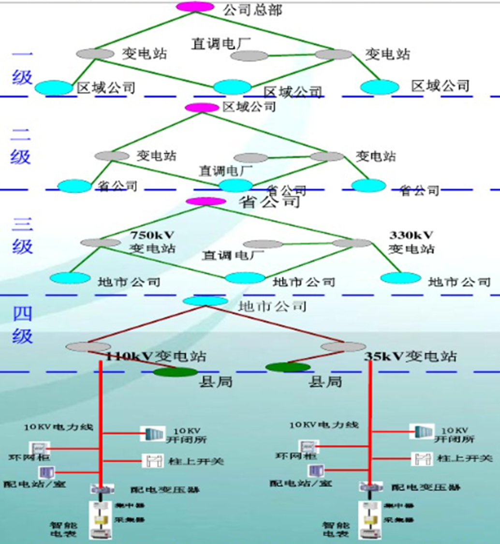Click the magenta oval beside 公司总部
(x=195, y=7)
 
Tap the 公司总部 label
(x=252, y=10)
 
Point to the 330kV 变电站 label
(x=412, y=242)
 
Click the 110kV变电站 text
(x=156, y=357)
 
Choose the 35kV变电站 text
(x=410, y=357)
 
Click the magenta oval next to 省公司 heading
(x=206, y=201)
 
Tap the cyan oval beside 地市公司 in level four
(x=205, y=301)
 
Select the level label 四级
(x=22, y=324)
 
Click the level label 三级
(x=22, y=235)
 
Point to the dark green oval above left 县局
(x=176, y=371)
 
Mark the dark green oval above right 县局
(x=288, y=367)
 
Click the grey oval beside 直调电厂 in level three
(x=263, y=245)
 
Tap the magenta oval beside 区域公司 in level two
(x=202, y=108)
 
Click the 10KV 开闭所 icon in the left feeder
(x=149, y=434)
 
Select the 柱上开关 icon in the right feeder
(x=422, y=458)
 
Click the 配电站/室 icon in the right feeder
(x=316, y=470)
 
